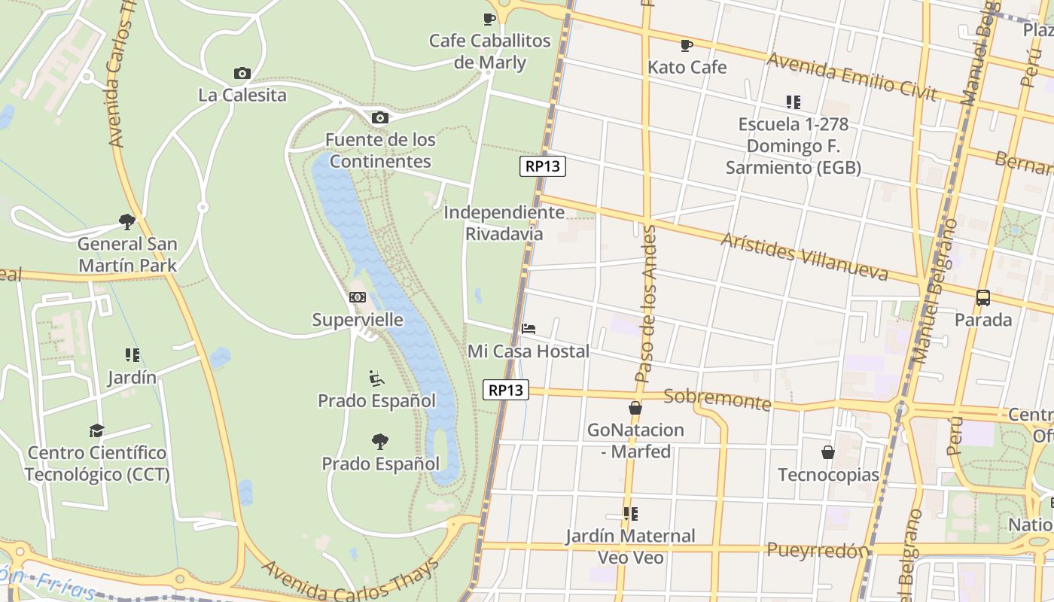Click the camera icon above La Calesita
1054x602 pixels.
(x=242, y=73)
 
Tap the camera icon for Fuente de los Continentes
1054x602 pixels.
(x=380, y=117)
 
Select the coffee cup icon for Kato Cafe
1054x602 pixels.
(x=686, y=45)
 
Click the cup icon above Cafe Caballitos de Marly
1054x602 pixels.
(x=489, y=19)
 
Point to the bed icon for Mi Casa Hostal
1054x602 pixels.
(x=529, y=329)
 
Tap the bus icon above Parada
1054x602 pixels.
(x=983, y=297)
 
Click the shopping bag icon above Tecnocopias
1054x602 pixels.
(x=828, y=452)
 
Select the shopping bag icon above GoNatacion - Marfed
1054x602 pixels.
(x=635, y=408)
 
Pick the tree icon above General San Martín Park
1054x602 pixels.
(x=127, y=221)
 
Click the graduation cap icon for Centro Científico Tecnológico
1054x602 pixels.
(x=96, y=430)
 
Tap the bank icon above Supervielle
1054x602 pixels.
(x=358, y=297)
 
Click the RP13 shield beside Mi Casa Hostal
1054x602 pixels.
(x=506, y=390)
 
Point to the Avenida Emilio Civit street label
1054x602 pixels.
(x=851, y=77)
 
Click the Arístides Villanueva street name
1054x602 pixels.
(x=804, y=256)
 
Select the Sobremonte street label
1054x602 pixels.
(x=717, y=399)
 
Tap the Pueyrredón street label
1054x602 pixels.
(x=817, y=550)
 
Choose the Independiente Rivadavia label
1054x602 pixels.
(x=504, y=223)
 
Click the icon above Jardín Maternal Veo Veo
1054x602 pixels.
(x=631, y=514)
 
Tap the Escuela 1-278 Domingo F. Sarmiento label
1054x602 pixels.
(x=793, y=146)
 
